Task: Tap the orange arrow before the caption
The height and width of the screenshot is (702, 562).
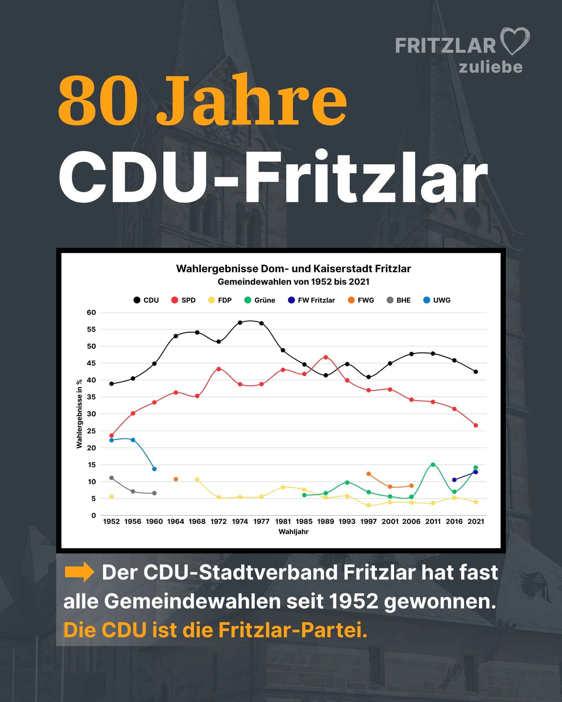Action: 79,572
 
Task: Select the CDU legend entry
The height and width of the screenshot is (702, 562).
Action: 146,300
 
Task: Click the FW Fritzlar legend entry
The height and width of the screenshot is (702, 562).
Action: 311,300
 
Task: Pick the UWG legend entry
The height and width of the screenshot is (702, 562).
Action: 437,300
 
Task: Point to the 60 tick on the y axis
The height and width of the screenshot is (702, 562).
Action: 91,313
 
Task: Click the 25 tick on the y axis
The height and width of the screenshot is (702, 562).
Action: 91,431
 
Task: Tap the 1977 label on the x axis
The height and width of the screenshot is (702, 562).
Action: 261,522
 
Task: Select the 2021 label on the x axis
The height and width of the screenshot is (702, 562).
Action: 476,522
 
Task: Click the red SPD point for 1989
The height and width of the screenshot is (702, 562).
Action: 325,357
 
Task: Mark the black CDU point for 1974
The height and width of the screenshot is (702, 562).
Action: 240,323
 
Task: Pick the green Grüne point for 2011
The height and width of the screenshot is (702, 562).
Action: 433,465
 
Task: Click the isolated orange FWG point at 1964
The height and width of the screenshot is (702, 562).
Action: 176,479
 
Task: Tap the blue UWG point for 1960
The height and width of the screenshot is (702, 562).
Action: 155,469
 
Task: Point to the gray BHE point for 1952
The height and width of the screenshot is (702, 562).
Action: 111,478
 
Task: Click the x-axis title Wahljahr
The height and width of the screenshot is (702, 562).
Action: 293,532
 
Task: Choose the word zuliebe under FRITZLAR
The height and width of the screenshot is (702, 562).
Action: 491,67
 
